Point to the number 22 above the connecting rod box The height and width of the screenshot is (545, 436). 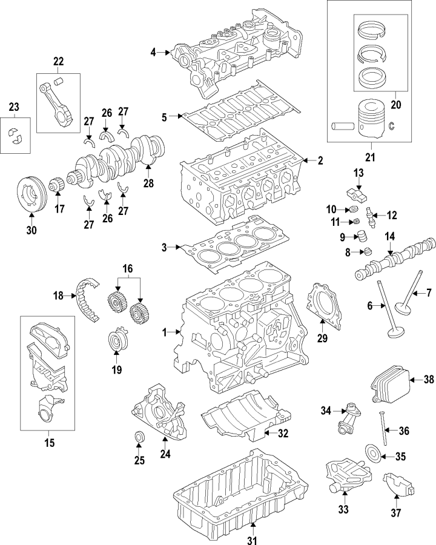pos(58,61)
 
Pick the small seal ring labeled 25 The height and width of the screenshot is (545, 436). pos(139,437)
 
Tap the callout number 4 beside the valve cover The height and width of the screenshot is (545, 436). pos(154,53)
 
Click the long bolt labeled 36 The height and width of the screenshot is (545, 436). pos(383,431)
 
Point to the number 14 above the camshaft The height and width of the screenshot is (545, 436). pos(389,237)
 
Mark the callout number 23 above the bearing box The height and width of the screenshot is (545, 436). pos(14,107)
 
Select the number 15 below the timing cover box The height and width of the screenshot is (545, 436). pos(50,443)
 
